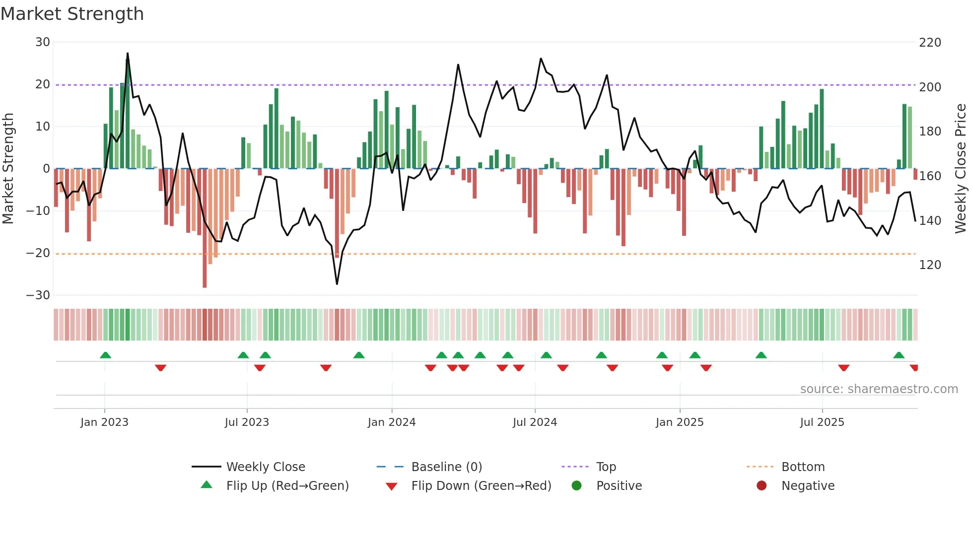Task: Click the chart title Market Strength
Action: tap(72, 14)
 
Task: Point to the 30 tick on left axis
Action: tap(43, 42)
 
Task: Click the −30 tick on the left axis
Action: tap(38, 295)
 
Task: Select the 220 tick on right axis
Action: tap(930, 43)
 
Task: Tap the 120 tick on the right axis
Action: tap(930, 265)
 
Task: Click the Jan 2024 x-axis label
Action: tap(392, 422)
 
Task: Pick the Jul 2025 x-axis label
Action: tap(822, 422)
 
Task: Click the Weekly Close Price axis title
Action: tap(961, 169)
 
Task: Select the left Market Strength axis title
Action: tap(8, 169)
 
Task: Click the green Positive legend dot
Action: tap(576, 485)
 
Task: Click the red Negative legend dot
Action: tap(762, 485)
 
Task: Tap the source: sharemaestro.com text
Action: tap(879, 389)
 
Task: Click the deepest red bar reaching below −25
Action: tap(205, 228)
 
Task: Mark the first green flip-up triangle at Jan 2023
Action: tap(105, 355)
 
